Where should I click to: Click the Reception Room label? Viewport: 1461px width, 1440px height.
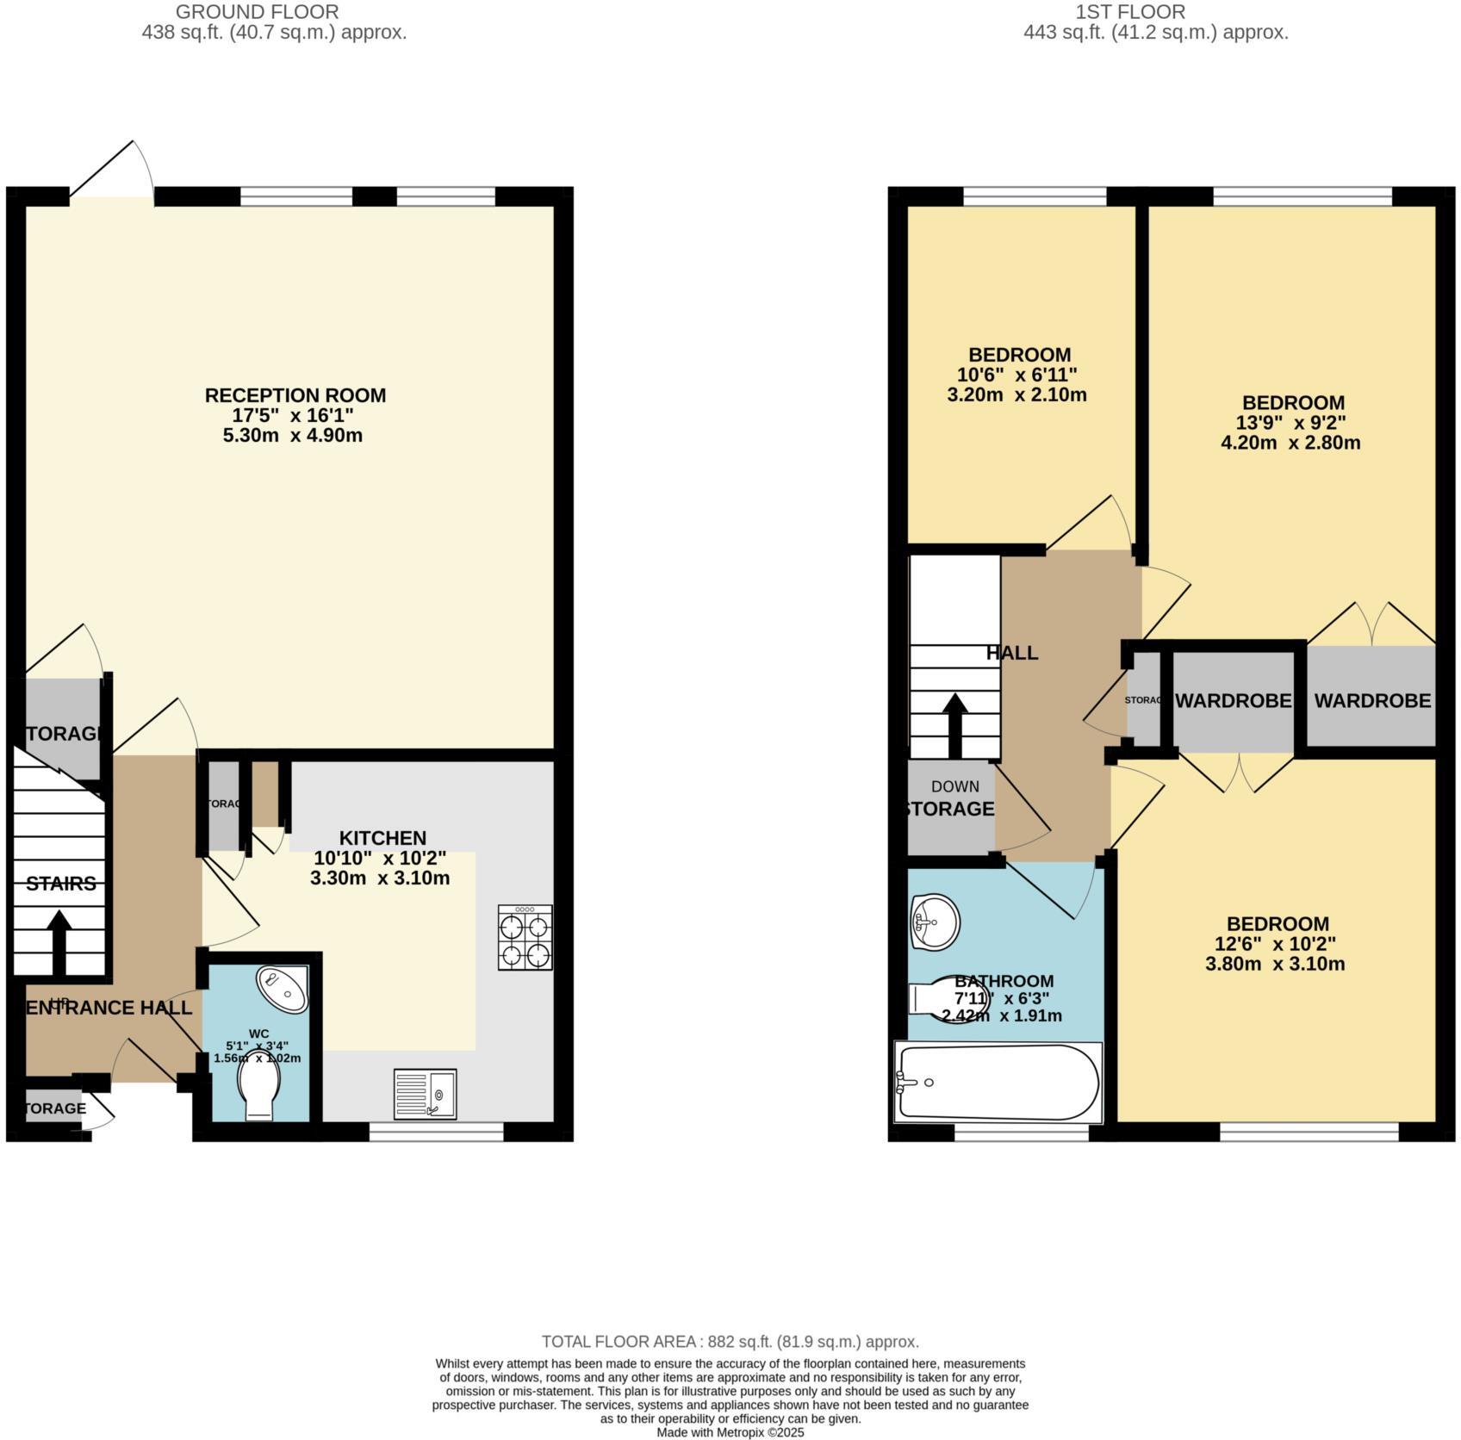point(295,395)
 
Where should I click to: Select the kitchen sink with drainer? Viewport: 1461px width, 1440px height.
point(425,1094)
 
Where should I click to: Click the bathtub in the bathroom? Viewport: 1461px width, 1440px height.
point(998,1082)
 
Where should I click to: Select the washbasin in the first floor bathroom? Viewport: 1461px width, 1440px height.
point(934,922)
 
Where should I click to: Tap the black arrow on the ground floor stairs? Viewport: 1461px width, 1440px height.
point(59,942)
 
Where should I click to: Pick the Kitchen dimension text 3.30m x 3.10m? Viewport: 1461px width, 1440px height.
point(380,878)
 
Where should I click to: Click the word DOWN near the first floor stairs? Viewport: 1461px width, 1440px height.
point(954,786)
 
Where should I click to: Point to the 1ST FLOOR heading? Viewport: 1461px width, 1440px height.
point(1130,12)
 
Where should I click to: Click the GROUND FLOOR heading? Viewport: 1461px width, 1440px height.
point(257,12)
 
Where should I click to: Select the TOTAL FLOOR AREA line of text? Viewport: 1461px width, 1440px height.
point(730,1341)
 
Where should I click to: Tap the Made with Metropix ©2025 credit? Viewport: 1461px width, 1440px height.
point(730,1432)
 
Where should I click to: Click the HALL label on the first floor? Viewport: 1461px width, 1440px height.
point(1012,653)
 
